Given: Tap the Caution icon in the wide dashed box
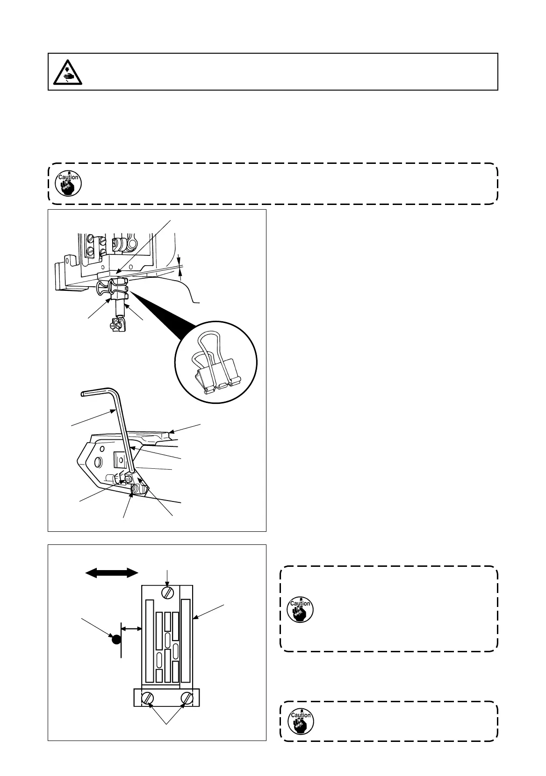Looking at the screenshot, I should [68, 183].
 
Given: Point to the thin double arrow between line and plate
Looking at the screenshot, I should [132, 629].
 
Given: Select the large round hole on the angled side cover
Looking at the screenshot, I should [98, 462].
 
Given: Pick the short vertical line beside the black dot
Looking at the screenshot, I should [122, 640].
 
